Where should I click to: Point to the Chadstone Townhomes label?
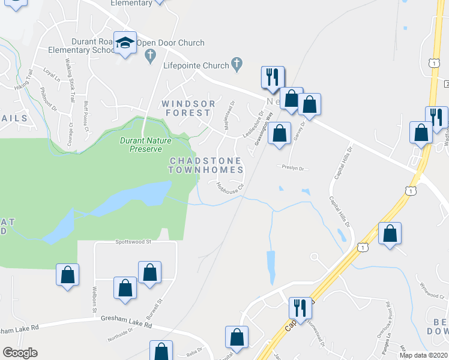click(206, 166)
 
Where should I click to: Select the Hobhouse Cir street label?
click(229, 188)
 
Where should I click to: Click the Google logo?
click(20, 353)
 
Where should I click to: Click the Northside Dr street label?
click(122, 336)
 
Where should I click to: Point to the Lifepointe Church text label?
click(196, 66)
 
